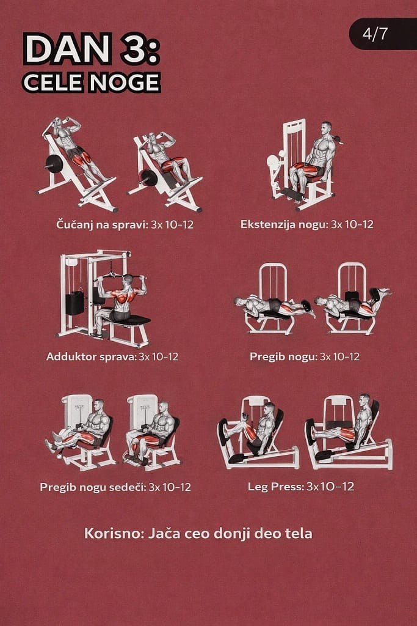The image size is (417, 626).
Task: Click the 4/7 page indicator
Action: [375, 34]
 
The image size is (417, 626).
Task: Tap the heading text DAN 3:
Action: [92, 49]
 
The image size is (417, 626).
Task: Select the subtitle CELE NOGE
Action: [92, 83]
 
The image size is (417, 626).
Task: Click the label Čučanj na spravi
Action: [102, 224]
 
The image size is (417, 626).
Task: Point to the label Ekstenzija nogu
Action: [285, 224]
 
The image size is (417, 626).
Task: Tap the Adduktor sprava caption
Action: [92, 356]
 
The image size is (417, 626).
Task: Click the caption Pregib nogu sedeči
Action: [93, 487]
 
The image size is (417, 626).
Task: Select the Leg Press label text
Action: [275, 487]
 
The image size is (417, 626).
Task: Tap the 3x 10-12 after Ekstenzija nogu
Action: [352, 224]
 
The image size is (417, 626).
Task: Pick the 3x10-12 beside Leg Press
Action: [330, 486]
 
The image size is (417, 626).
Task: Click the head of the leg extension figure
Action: [327, 128]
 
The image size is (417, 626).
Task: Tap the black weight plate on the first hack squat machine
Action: [54, 163]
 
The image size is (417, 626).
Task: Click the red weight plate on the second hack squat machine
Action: [148, 178]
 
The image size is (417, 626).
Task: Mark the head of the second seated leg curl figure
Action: [164, 407]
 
